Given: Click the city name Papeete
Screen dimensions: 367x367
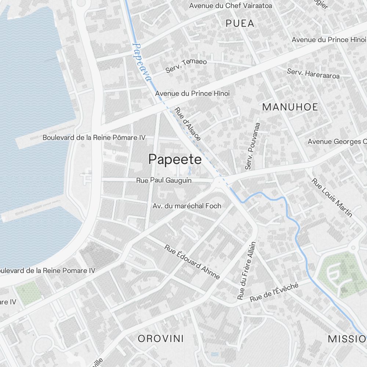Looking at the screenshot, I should click(x=175, y=160).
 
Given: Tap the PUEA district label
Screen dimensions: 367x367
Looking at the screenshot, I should click(x=240, y=23).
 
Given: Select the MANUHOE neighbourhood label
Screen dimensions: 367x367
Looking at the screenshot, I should click(x=290, y=107).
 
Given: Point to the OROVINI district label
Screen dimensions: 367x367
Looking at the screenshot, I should click(x=161, y=338).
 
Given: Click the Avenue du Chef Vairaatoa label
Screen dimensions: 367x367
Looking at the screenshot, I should click(x=230, y=6).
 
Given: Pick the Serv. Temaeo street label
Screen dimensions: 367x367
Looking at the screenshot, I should click(x=186, y=65).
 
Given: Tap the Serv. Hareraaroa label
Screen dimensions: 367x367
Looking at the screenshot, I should click(x=313, y=73).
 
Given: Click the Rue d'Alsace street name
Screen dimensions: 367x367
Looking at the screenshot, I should click(x=188, y=124).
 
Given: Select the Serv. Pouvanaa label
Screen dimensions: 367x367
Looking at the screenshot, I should click(x=252, y=146).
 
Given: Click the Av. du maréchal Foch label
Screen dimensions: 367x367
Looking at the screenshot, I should click(x=187, y=206).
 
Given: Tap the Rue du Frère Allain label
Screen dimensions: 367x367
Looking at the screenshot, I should click(x=246, y=270).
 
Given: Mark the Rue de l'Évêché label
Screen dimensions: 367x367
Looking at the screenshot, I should click(x=275, y=291).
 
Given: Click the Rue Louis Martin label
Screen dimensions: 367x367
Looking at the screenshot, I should click(x=332, y=197).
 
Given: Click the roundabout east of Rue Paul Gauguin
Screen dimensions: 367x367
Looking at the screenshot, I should click(x=219, y=181).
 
